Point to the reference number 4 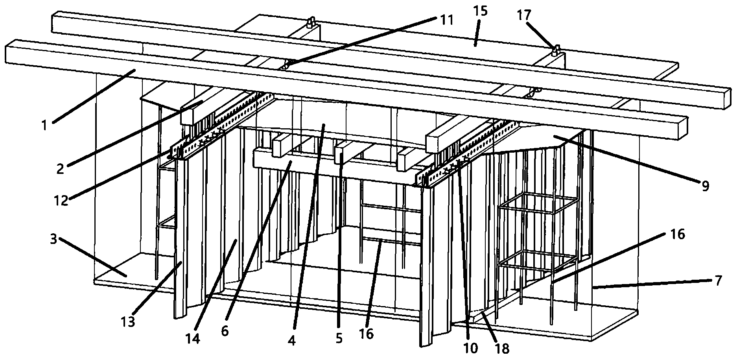pos(291,341)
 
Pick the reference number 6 pos(225,331)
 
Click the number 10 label pos(471,347)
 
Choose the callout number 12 pos(61,201)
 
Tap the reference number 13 pos(128,321)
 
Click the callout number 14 pos(193,338)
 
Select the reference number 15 pos(481,11)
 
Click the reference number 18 pos(503,348)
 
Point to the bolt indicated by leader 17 pos(557,50)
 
